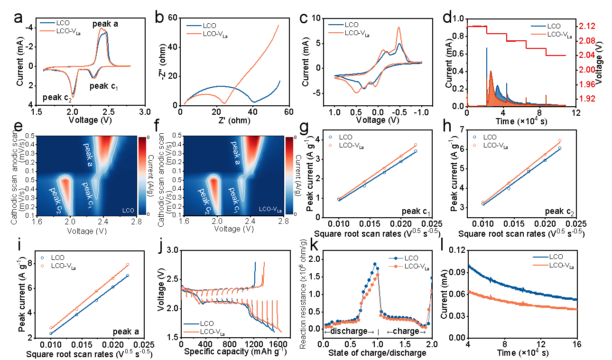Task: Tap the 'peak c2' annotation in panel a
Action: [58, 98]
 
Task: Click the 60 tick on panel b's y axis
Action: [172, 18]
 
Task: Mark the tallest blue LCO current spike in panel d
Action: [487, 48]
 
